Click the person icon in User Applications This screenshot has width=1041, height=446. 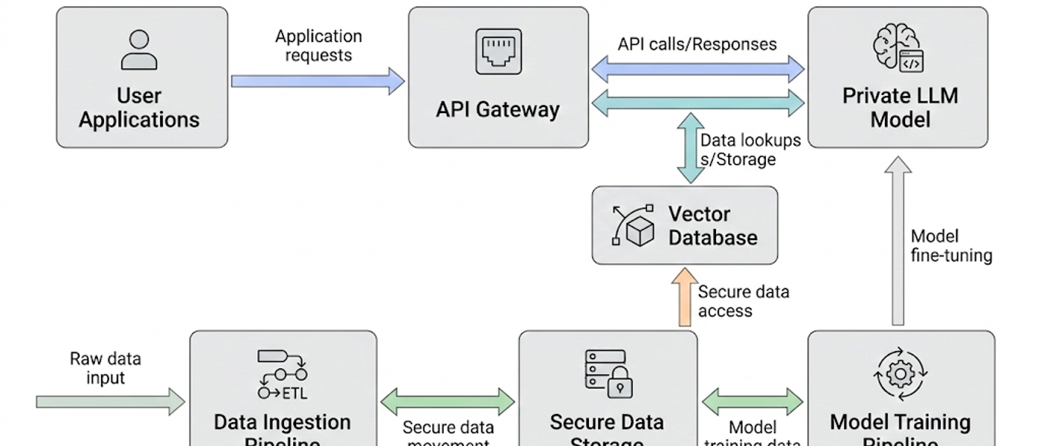[x=139, y=50]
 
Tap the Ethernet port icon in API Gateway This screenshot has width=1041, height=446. [x=498, y=51]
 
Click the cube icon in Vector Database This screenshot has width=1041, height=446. [x=632, y=225]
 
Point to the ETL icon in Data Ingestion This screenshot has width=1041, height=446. [x=283, y=375]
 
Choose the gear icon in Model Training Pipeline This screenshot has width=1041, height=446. [x=900, y=373]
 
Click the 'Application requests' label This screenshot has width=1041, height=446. [x=318, y=45]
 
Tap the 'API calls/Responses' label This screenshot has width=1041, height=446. [x=697, y=44]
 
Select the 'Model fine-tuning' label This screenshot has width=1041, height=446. [x=951, y=246]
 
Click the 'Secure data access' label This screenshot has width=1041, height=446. [x=743, y=301]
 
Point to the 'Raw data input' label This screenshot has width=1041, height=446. [x=105, y=368]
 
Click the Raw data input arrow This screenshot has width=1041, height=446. [x=110, y=402]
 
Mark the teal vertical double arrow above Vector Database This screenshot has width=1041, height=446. [x=691, y=148]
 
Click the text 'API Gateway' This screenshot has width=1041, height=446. [x=497, y=109]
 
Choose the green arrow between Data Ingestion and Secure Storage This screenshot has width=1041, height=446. [x=448, y=402]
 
